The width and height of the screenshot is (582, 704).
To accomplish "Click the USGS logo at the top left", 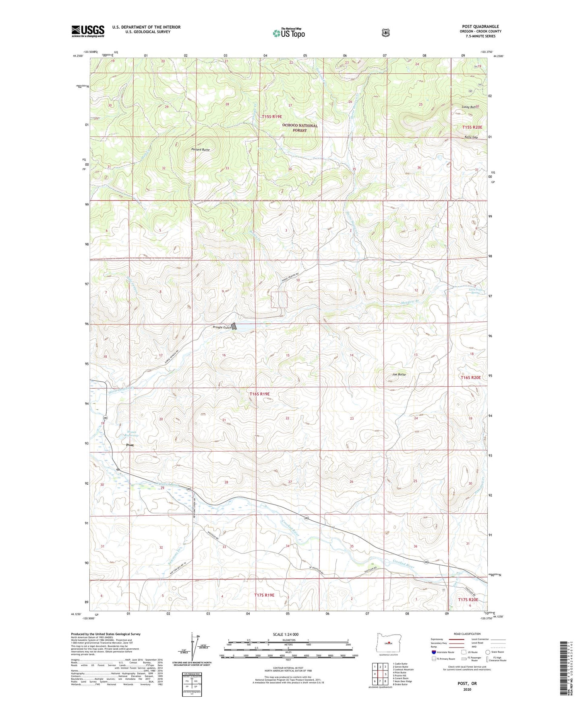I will tap(88, 31).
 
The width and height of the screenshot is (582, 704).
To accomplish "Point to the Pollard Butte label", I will tap(200, 150).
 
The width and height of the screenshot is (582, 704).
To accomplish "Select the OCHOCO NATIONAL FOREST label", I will tap(300, 128).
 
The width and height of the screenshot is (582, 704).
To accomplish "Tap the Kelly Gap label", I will tap(469, 137).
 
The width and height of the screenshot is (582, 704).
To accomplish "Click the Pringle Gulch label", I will tap(222, 327).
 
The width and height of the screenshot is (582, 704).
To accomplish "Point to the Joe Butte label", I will tap(399, 375).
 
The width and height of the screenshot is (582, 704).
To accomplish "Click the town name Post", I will tap(130, 445).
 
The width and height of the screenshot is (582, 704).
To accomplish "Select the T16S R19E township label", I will tap(259, 394).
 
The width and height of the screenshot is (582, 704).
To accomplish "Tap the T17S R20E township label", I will tap(468, 600).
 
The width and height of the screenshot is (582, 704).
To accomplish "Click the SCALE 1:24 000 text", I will tap(286, 634).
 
